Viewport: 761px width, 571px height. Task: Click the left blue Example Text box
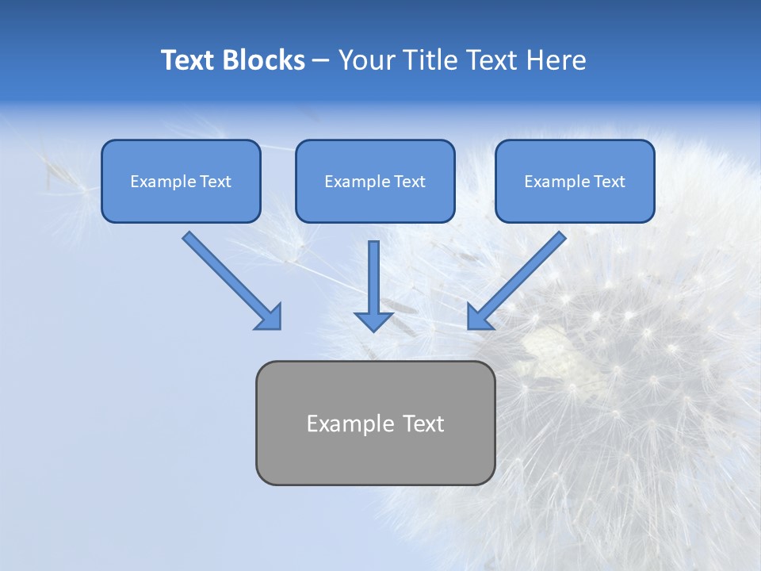point(181,182)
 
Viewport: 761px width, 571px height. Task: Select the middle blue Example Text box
point(375,182)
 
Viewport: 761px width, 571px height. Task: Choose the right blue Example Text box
point(575,182)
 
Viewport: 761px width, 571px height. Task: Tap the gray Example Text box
point(375,423)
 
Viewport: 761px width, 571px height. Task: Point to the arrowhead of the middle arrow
point(373,321)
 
